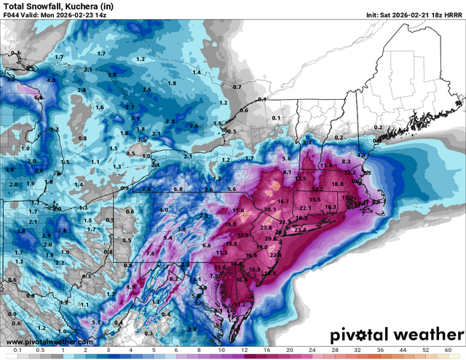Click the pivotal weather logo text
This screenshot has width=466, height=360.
coord(395,336)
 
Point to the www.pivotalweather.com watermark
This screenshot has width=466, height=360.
coord(49,342)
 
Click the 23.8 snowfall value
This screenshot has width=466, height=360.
coord(266,227)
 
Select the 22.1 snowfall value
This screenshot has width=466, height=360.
coord(305,208)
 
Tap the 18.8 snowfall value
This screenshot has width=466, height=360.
coord(337,184)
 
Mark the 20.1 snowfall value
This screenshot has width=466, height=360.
coord(271,209)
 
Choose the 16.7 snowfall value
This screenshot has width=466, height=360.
coord(283,201)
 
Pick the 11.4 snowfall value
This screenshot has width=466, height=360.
coord(325,165)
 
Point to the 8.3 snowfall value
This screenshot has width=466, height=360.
coord(346,160)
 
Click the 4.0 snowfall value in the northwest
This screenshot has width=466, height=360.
coord(51,79)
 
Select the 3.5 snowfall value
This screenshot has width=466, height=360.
coord(142,138)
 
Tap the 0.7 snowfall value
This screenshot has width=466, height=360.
coord(236,87)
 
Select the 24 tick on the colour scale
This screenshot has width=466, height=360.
coord(312,351)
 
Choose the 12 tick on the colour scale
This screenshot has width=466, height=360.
coord(243,351)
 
